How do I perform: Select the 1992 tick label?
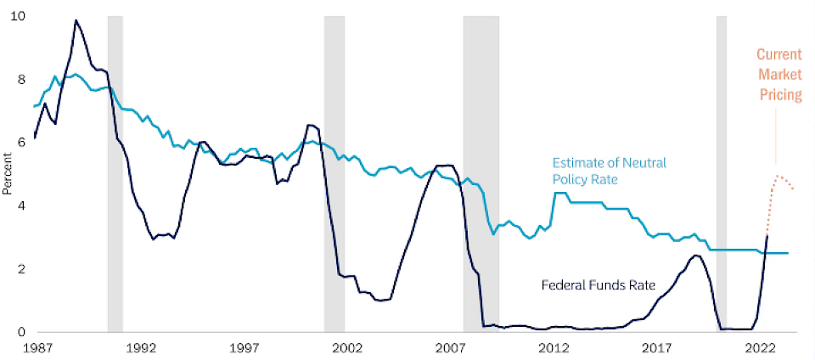pos(141,348)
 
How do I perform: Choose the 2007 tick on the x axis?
pos(450,348)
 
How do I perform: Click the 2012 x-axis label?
pos(554,348)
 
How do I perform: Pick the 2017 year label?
pos(657,348)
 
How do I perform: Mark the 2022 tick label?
pos(760,348)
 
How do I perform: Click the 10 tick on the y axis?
pos(18,16)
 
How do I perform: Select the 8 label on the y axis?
pos(21,80)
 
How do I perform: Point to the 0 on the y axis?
pos(21,332)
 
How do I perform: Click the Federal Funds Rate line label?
pos(599,285)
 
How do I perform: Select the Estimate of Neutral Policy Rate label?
pos(610,171)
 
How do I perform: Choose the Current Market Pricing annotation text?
pos(779,75)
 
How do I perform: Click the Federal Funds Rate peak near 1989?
pos(76,20)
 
